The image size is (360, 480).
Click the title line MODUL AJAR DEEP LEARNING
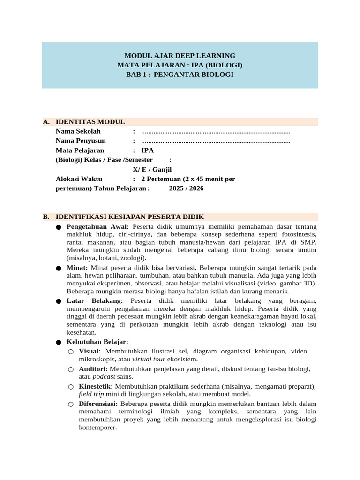[180, 55]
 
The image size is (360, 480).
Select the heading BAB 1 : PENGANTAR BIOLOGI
[180, 75]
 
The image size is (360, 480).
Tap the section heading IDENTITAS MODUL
[90, 122]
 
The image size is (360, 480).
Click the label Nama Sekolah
[78, 131]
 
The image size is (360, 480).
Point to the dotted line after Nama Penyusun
[216, 141]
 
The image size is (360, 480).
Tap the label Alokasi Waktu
[79, 179]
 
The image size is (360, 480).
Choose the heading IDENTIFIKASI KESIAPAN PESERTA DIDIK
[130, 217]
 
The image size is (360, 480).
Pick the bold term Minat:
[77, 267]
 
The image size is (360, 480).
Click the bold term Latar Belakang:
[95, 300]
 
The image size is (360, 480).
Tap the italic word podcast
[104, 377]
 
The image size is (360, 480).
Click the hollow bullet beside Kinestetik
[70, 387]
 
